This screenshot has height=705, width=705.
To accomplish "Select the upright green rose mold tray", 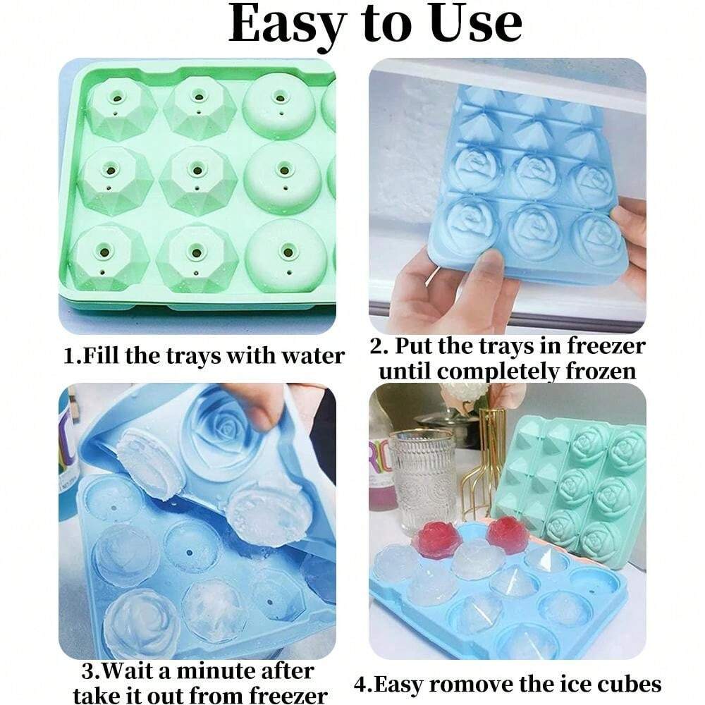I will coord(571,486).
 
